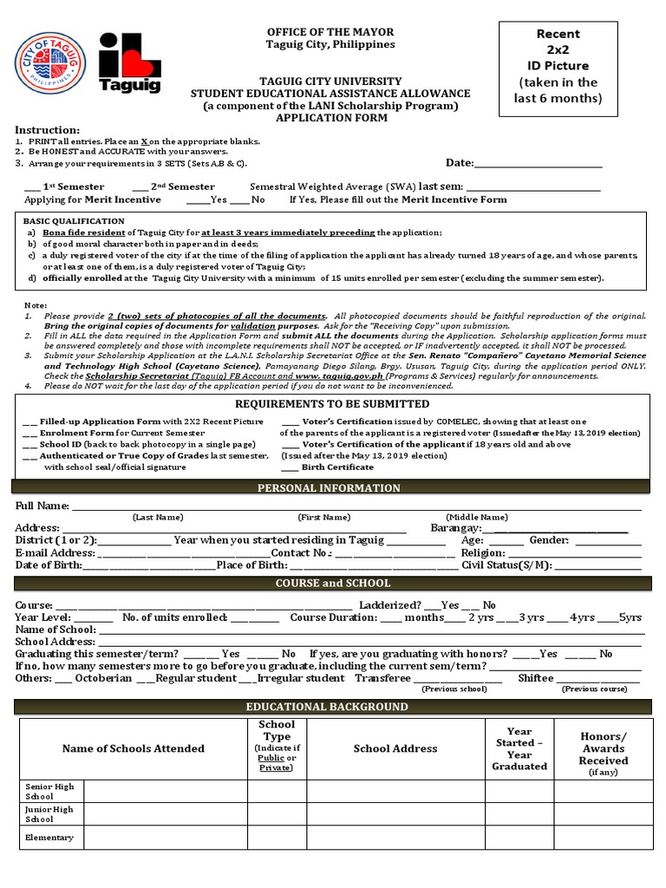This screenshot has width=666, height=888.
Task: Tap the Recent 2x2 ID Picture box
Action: (569, 67)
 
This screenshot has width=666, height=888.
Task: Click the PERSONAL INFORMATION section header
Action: (330, 488)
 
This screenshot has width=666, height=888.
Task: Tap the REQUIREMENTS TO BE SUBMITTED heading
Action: (332, 404)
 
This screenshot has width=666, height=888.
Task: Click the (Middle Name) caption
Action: (477, 517)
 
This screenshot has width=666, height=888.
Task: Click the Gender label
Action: (549, 540)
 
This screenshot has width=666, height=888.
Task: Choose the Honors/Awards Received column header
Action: (604, 748)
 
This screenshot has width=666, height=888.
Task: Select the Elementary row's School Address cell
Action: (395, 838)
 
